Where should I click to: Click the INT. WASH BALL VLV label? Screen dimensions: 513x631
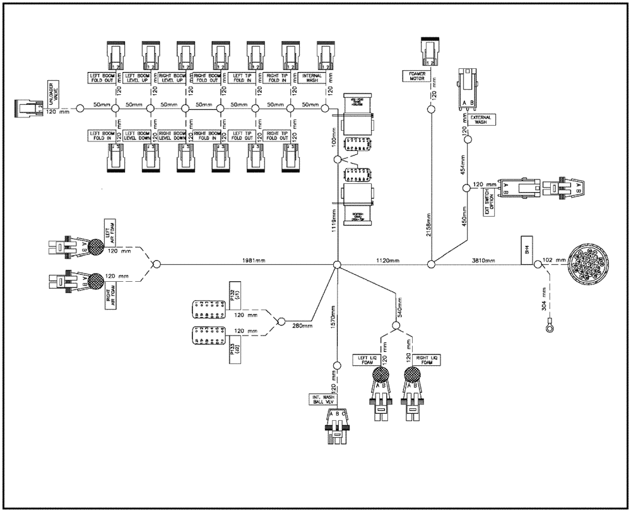click(x=321, y=399)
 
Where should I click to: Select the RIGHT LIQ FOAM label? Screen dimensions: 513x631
click(x=425, y=359)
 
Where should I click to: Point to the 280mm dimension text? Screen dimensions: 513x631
click(x=302, y=325)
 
